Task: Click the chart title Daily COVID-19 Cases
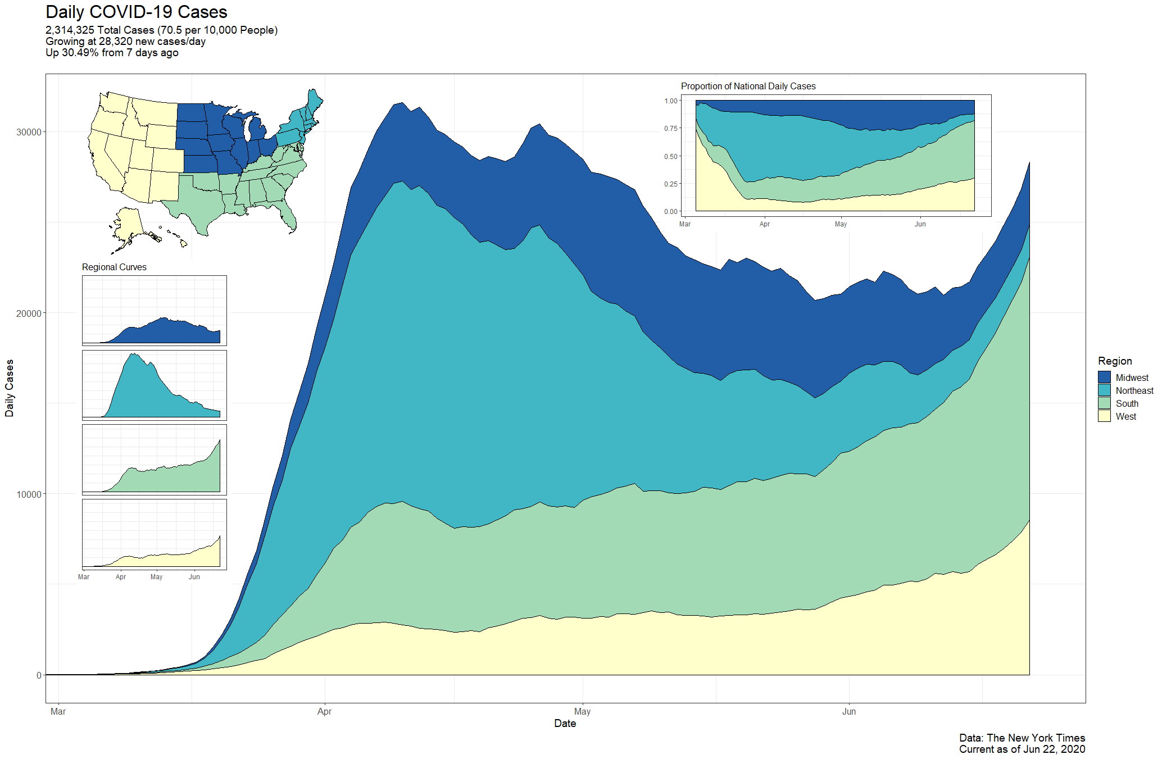[x=137, y=12]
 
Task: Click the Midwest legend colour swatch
[x=1104, y=378]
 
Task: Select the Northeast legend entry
[x=1134, y=390]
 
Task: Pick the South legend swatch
[x=1104, y=403]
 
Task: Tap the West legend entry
[x=1125, y=416]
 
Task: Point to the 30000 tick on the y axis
[x=29, y=132]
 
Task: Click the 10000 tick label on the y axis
[x=29, y=494]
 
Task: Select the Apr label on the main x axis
[x=324, y=711]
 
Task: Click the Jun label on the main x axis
[x=848, y=711]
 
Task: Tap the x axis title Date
[x=565, y=723]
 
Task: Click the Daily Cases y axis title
[x=10, y=388]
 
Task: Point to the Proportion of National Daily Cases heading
[x=748, y=86]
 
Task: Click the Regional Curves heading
[x=114, y=267]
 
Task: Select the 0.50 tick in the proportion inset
[x=671, y=156]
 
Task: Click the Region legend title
[x=1115, y=361]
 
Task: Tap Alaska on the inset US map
[x=129, y=225]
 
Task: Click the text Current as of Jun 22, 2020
[x=1022, y=749]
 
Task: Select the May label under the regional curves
[x=156, y=577]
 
